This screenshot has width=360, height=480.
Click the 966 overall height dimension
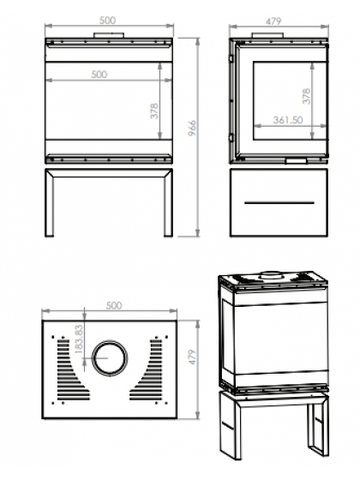pyautogui.click(x=192, y=128)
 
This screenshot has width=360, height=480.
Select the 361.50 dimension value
pyautogui.click(x=288, y=120)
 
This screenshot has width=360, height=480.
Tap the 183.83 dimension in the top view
pyautogui.click(x=79, y=339)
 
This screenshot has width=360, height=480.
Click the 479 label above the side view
pyautogui.click(x=273, y=21)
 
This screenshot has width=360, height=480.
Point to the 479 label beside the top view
pyautogui.click(x=192, y=357)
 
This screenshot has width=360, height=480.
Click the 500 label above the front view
pyautogui.click(x=107, y=21)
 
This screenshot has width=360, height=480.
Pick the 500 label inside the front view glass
pyautogui.click(x=99, y=75)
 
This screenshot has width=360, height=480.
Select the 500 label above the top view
pyautogui.click(x=114, y=305)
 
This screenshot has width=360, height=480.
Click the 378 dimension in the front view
pyautogui.click(x=154, y=111)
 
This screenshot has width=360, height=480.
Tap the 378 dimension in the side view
pyautogui.click(x=307, y=96)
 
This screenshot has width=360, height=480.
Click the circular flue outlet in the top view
pyautogui.click(x=110, y=358)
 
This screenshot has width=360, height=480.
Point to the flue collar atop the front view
pyautogui.click(x=109, y=35)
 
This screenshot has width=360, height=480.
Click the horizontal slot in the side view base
pyautogui.click(x=279, y=202)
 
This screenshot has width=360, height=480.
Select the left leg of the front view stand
pyautogui.click(x=50, y=203)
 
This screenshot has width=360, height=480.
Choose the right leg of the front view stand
pyautogui.click(x=168, y=203)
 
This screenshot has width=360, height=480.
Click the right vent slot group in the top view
pyautogui.click(x=147, y=369)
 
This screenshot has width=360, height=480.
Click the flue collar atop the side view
pyautogui.click(x=268, y=35)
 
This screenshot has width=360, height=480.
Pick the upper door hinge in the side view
pyautogui.click(x=231, y=57)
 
